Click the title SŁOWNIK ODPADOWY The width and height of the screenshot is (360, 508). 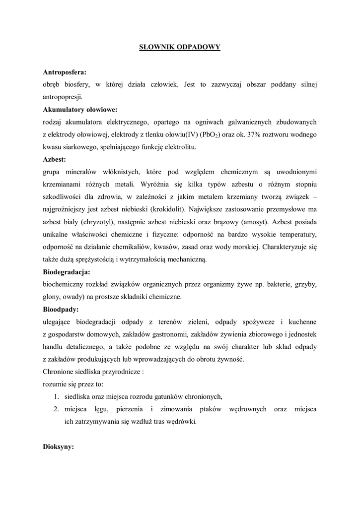pyautogui.click(x=180, y=47)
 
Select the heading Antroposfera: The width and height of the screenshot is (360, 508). pyautogui.click(x=65, y=72)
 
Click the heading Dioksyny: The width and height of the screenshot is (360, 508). pyautogui.click(x=59, y=446)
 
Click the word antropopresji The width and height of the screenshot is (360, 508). pyautogui.click(x=65, y=97)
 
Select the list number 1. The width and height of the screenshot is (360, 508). pyautogui.click(x=57, y=396)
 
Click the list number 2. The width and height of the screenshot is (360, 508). pyautogui.click(x=57, y=409)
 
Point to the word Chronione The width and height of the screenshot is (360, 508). pyautogui.click(x=60, y=372)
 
